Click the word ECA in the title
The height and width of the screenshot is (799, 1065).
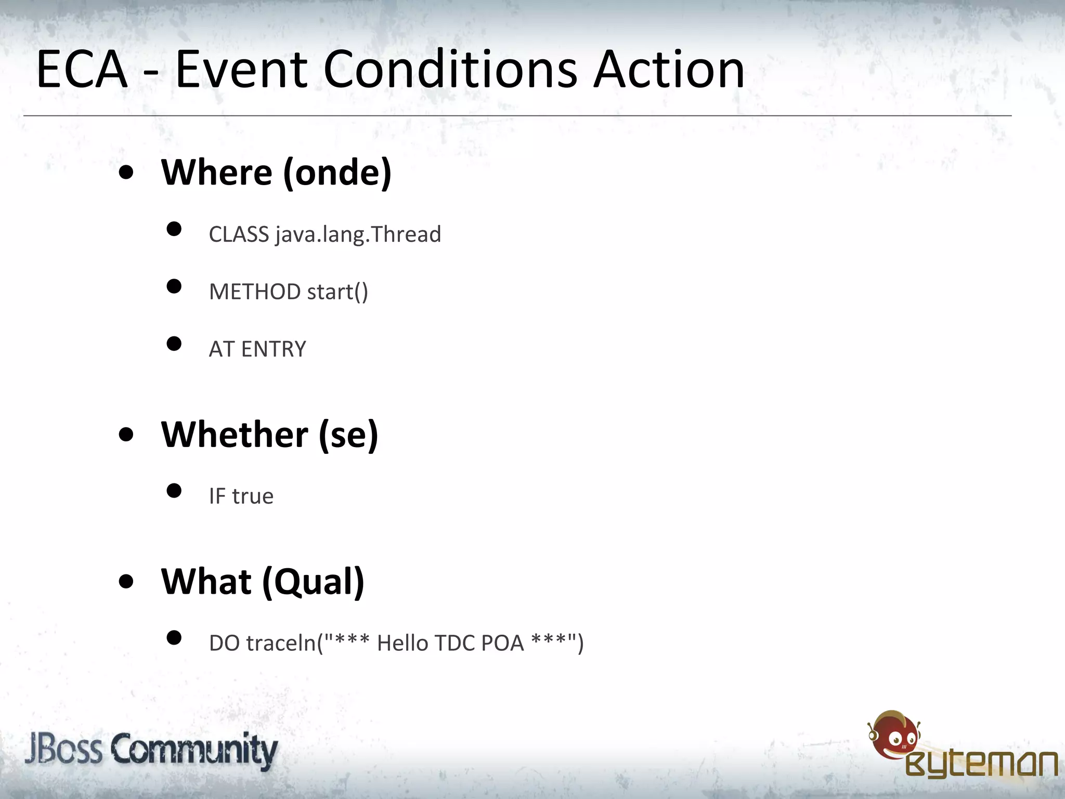tap(82, 69)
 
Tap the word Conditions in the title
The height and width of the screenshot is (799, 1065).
tap(450, 69)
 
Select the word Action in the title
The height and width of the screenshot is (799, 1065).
tap(669, 69)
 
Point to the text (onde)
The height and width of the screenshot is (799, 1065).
tap(337, 173)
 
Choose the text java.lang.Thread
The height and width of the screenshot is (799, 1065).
tap(358, 234)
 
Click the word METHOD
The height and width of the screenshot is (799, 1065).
tap(255, 292)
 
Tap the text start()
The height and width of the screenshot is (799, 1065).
tap(337, 292)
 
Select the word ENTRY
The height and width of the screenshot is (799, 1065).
tap(274, 349)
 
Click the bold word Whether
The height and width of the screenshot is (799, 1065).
tap(235, 435)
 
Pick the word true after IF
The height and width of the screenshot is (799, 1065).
tap(253, 496)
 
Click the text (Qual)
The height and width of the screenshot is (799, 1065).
tap(313, 582)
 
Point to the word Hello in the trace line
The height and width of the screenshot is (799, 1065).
tap(404, 643)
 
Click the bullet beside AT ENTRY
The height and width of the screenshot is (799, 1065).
tap(174, 344)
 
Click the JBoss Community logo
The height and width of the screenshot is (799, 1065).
tap(151, 750)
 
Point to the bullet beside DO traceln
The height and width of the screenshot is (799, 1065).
tap(174, 638)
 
